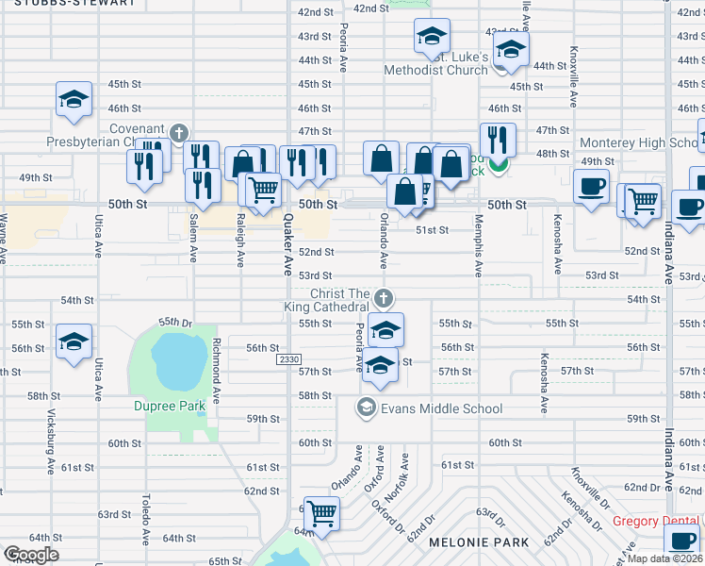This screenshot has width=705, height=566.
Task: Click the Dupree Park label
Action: [169, 407]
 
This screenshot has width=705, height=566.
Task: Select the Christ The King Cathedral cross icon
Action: [383, 298]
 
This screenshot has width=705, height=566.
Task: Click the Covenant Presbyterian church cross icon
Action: [178, 131]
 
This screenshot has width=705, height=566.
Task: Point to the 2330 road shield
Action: [289, 360]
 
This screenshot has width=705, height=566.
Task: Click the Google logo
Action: [31, 555]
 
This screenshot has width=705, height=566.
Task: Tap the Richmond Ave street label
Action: [217, 368]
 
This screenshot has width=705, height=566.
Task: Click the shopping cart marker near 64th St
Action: [322, 515]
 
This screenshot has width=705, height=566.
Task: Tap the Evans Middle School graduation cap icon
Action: [366, 408]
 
